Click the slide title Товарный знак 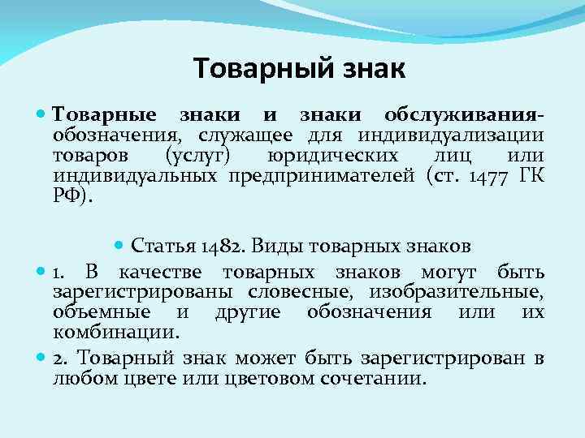tap(300, 69)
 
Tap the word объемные tap(102, 312)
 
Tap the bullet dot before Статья tap(119, 245)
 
